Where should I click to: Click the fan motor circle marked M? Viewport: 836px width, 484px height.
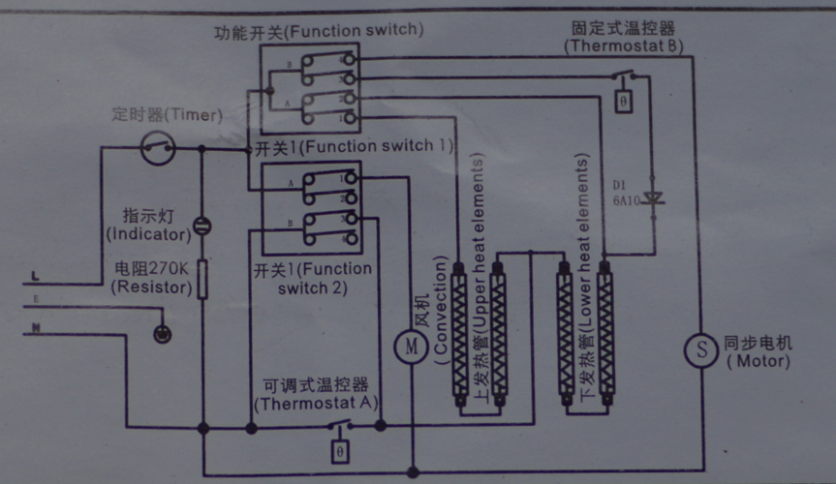411,344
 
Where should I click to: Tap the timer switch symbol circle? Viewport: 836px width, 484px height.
158,148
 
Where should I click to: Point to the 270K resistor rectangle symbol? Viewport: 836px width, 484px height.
202,279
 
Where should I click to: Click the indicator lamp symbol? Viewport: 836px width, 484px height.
202,227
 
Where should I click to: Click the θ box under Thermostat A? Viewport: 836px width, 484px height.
339,451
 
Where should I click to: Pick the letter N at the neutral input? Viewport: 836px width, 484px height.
36,328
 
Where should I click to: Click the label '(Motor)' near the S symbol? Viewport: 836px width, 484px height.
758,361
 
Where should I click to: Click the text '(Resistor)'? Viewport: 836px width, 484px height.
146,286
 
